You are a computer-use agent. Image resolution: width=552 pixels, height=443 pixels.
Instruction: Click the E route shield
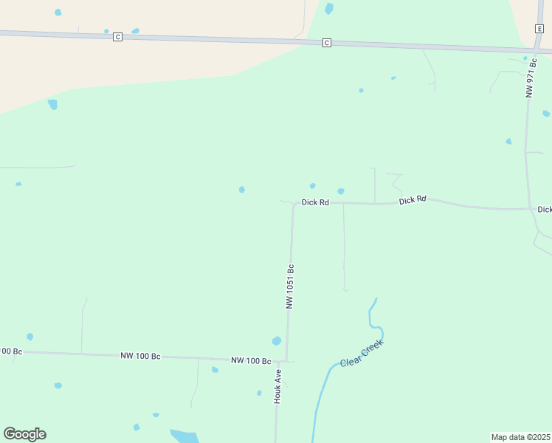[x=539, y=28]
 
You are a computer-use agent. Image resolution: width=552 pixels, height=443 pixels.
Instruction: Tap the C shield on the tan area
[x=117, y=37]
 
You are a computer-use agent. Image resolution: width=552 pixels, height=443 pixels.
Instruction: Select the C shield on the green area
[x=327, y=44]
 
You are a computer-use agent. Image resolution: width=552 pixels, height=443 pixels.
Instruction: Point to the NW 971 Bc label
[x=531, y=79]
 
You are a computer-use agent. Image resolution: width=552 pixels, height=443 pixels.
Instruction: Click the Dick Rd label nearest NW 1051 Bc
[x=315, y=202]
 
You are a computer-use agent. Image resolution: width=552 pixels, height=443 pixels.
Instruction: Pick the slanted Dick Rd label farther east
[x=413, y=199]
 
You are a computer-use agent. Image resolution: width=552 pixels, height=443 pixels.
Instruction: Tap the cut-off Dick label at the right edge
[x=545, y=210]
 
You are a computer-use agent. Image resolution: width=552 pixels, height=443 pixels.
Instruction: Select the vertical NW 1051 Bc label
[x=291, y=286]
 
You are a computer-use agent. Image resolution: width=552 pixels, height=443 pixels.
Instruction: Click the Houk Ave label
[x=278, y=386]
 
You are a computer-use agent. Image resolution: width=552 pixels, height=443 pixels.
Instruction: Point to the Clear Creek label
[x=362, y=353]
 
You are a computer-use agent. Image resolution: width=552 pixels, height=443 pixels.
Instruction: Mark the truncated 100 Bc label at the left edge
[x=11, y=351]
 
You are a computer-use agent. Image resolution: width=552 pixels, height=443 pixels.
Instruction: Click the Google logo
[x=24, y=434]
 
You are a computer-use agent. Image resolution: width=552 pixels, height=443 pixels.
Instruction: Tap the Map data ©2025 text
[x=521, y=437]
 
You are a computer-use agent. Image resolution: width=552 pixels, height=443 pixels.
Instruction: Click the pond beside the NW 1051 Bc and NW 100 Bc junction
[x=277, y=341]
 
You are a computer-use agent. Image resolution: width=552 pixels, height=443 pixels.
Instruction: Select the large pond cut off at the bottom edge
[x=184, y=436]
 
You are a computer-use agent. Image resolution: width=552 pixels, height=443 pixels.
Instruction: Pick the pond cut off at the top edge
[x=329, y=8]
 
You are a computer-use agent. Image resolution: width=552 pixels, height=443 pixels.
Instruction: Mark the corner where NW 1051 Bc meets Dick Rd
[x=294, y=205]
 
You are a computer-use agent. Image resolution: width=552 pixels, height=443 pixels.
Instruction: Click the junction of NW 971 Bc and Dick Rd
[x=530, y=209]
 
